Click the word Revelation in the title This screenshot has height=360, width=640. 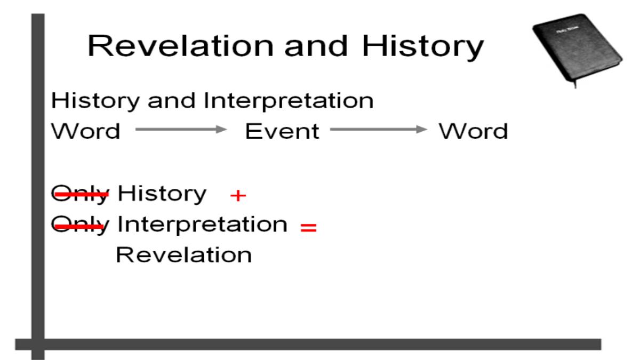(x=181, y=46)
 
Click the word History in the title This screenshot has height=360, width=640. (x=423, y=47)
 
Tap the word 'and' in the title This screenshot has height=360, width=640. (x=316, y=46)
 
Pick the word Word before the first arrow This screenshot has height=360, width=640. (x=86, y=131)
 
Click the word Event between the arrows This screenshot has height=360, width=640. (x=282, y=131)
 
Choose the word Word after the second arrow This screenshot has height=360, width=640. (x=474, y=131)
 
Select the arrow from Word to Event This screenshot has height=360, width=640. (x=181, y=129)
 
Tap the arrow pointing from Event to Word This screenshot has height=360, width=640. (x=379, y=129)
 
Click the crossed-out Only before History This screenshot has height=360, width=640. (x=81, y=194)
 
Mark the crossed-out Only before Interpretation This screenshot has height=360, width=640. (x=81, y=226)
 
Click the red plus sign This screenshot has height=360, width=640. (x=238, y=196)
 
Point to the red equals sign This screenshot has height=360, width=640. (x=309, y=227)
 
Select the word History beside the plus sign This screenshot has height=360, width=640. (x=162, y=194)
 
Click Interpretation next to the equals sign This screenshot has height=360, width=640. (x=202, y=225)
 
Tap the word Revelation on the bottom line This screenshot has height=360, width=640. (x=184, y=255)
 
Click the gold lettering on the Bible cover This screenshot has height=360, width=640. (x=567, y=30)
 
